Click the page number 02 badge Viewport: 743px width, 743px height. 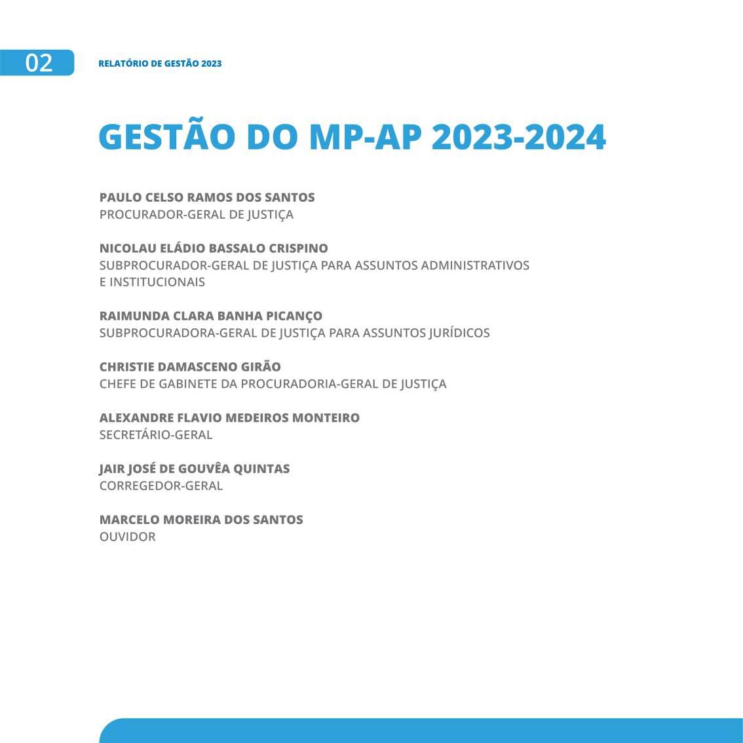tap(38, 63)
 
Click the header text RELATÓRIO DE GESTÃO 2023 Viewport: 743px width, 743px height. tap(160, 64)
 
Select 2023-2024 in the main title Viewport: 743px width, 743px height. tap(518, 137)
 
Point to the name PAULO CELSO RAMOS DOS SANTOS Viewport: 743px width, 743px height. tap(207, 197)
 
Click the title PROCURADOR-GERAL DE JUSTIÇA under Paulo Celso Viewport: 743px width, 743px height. tap(197, 214)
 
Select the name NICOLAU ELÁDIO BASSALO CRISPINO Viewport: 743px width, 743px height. tap(214, 248)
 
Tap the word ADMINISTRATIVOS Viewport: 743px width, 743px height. tap(475, 265)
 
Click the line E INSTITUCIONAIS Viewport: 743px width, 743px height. tap(152, 282)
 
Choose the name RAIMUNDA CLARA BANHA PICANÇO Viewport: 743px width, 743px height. tap(211, 316)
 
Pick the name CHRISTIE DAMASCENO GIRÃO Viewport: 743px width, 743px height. tap(190, 367)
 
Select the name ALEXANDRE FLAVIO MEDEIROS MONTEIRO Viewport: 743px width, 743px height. tap(229, 418)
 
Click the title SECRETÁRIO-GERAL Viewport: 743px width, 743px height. tap(156, 434)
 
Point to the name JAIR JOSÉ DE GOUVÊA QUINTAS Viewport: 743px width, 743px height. tap(195, 469)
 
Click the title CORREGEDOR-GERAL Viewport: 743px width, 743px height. tap(161, 486)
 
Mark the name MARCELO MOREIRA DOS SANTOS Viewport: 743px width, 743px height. tap(201, 520)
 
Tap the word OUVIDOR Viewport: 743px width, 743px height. tap(128, 537)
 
